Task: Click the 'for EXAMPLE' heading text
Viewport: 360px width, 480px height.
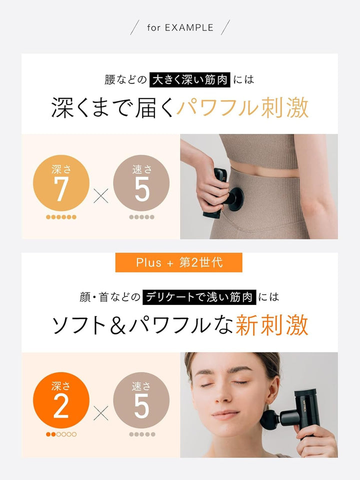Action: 180,27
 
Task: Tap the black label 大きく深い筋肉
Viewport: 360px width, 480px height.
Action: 190,79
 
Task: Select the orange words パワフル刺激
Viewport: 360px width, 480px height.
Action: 242,107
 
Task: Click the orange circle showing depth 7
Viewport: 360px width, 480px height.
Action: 61,183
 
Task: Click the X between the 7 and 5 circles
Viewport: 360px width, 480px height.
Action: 101,196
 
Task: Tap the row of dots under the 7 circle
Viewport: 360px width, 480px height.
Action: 61,217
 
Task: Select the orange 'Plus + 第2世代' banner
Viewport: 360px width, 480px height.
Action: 179,262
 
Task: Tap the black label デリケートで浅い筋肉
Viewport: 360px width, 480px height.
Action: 199,297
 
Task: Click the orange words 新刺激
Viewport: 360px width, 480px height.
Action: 272,325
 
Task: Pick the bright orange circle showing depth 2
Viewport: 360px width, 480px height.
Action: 61,400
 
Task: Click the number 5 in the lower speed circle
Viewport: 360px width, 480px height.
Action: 141,406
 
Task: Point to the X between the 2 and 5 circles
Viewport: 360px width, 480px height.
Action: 101,413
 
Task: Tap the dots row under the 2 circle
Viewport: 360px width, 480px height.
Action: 61,434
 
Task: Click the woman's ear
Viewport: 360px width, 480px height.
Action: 272,391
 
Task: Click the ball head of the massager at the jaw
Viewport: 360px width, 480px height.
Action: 269,418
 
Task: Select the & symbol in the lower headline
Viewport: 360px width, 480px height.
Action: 117,325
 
